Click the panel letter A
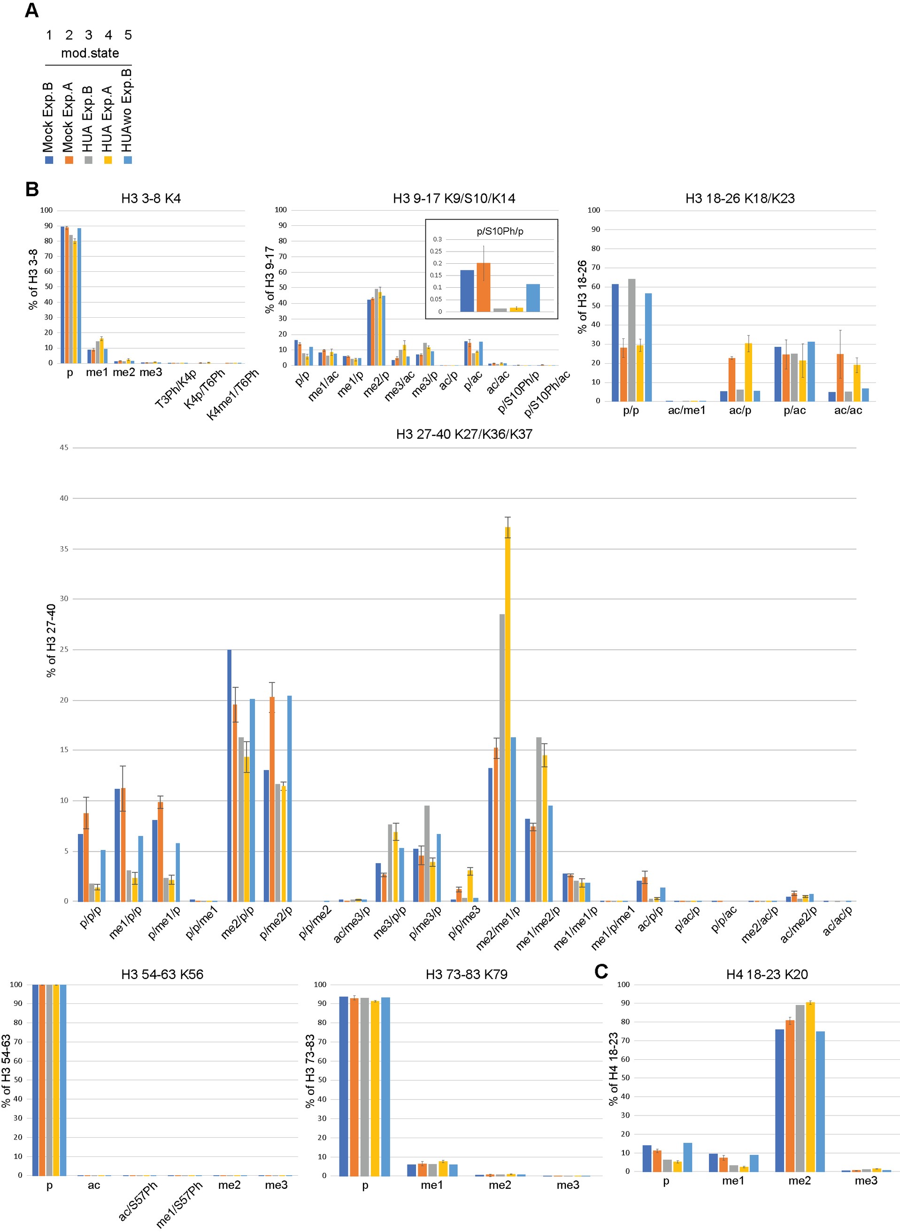[31, 11]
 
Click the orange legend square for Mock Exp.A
[69, 160]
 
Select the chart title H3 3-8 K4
[151, 199]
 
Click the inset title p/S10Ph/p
[500, 231]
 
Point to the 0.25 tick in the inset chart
[436, 251]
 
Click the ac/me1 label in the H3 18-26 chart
[686, 411]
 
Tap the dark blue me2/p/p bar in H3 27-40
[230, 776]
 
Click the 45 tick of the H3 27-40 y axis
[64, 448]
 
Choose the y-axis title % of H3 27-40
[52, 641]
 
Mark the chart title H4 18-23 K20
[767, 974]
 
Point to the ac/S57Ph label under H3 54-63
[138, 1202]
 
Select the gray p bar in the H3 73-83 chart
[364, 1087]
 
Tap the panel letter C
[601, 972]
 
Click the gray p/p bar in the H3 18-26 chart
[631, 340]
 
